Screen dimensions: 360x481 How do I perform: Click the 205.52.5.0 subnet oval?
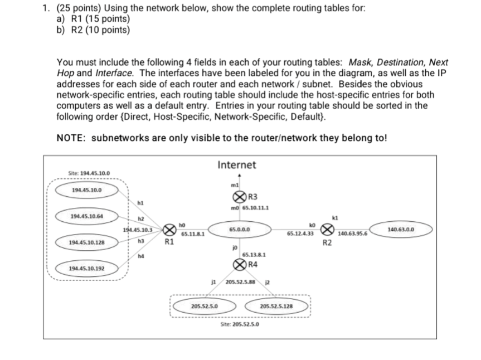(x=204, y=306)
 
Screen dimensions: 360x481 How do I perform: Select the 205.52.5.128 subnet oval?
(x=276, y=307)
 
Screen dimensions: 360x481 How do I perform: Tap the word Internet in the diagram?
(x=237, y=165)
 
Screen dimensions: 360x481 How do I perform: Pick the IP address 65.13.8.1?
(x=253, y=255)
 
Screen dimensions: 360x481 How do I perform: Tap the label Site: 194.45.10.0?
(x=89, y=173)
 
